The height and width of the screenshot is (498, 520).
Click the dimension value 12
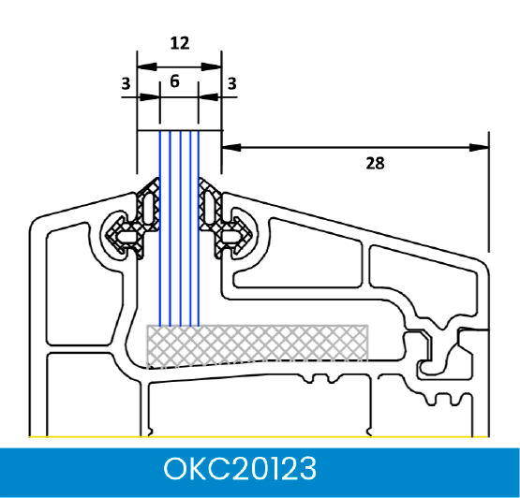(x=180, y=43)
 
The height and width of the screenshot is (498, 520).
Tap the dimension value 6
(x=175, y=81)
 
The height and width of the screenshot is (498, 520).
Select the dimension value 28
(x=375, y=163)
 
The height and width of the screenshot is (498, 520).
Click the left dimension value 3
(x=126, y=83)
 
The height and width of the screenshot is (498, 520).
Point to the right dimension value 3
(x=232, y=83)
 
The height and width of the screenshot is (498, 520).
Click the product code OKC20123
(x=240, y=468)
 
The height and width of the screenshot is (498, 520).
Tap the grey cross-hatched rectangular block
(x=258, y=344)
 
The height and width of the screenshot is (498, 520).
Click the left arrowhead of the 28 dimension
(x=230, y=148)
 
